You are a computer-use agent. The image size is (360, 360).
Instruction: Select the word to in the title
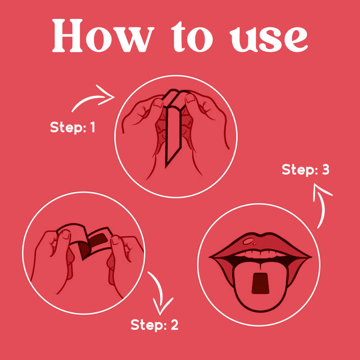coord(192,37)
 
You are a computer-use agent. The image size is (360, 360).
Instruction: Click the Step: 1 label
coord(72,127)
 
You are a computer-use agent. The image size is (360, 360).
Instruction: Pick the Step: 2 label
coord(154,325)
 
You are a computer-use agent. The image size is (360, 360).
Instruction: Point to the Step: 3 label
coord(306,170)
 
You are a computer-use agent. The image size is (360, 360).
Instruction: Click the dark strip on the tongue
coord(261,283)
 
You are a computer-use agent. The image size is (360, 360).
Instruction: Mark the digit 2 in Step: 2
coord(174,324)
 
